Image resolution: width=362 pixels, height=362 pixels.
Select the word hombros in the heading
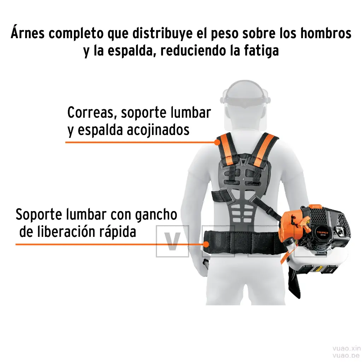click(x=326, y=33)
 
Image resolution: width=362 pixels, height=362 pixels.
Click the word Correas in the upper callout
click(x=90, y=113)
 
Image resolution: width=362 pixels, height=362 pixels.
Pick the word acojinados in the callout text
click(x=158, y=130)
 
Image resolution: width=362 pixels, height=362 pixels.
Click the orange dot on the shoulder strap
click(x=217, y=142)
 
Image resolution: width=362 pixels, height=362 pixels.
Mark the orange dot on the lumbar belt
click(x=206, y=244)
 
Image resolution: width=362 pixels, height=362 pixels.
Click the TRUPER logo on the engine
click(x=322, y=233)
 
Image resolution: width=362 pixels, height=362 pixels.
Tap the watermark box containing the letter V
click(x=173, y=241)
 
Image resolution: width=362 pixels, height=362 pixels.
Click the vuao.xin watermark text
click(x=346, y=348)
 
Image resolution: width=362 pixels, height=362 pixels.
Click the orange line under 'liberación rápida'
click(x=109, y=244)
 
